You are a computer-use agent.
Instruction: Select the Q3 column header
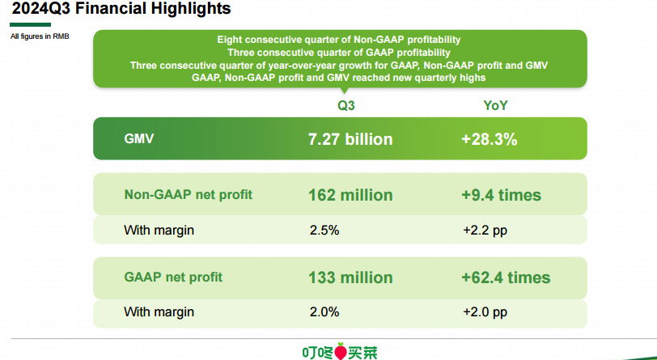pyautogui.click(x=346, y=105)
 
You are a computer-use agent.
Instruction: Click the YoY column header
pyautogui.click(x=496, y=105)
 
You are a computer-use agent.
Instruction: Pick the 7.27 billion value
pyautogui.click(x=350, y=139)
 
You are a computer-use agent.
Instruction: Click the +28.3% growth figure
pyautogui.click(x=489, y=139)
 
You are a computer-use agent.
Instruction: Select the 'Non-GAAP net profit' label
pyautogui.click(x=189, y=195)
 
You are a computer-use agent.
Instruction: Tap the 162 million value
pyautogui.click(x=350, y=195)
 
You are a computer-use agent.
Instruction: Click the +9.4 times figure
pyautogui.click(x=501, y=195)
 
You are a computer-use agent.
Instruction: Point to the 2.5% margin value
pyautogui.click(x=324, y=231)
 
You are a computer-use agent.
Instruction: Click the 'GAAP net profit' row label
pyautogui.click(x=173, y=277)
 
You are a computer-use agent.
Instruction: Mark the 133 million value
pyautogui.click(x=350, y=277)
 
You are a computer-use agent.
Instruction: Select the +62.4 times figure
pyautogui.click(x=506, y=277)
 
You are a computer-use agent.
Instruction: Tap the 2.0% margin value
pyautogui.click(x=324, y=311)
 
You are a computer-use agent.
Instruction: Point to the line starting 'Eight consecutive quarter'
pyautogui.click(x=339, y=40)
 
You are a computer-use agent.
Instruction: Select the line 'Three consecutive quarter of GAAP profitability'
pyautogui.click(x=339, y=53)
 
